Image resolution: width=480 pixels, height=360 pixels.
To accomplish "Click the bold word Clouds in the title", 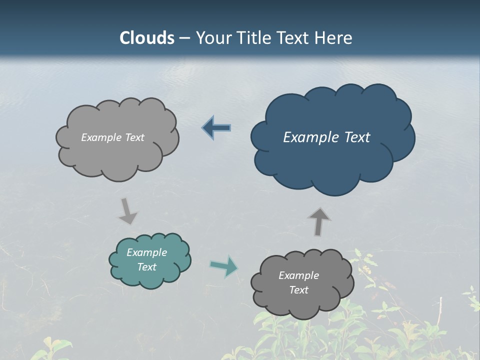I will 147,38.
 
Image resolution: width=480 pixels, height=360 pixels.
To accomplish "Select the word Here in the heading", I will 334,38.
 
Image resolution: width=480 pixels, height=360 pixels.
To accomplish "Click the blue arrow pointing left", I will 217,128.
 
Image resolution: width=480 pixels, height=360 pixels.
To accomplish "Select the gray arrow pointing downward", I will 127,210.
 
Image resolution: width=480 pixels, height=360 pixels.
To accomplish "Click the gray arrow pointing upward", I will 319,221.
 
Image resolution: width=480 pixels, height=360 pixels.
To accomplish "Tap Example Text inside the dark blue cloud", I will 326,137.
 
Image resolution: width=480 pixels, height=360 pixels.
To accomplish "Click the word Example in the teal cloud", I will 146,252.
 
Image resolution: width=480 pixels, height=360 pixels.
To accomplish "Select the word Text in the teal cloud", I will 146,267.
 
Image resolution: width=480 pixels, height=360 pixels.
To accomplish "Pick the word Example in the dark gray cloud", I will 298,275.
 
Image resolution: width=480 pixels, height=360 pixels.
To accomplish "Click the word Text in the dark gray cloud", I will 298,290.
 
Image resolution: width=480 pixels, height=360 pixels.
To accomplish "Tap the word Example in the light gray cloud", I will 101,137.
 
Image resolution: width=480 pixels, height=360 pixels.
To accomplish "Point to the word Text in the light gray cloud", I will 134,137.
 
